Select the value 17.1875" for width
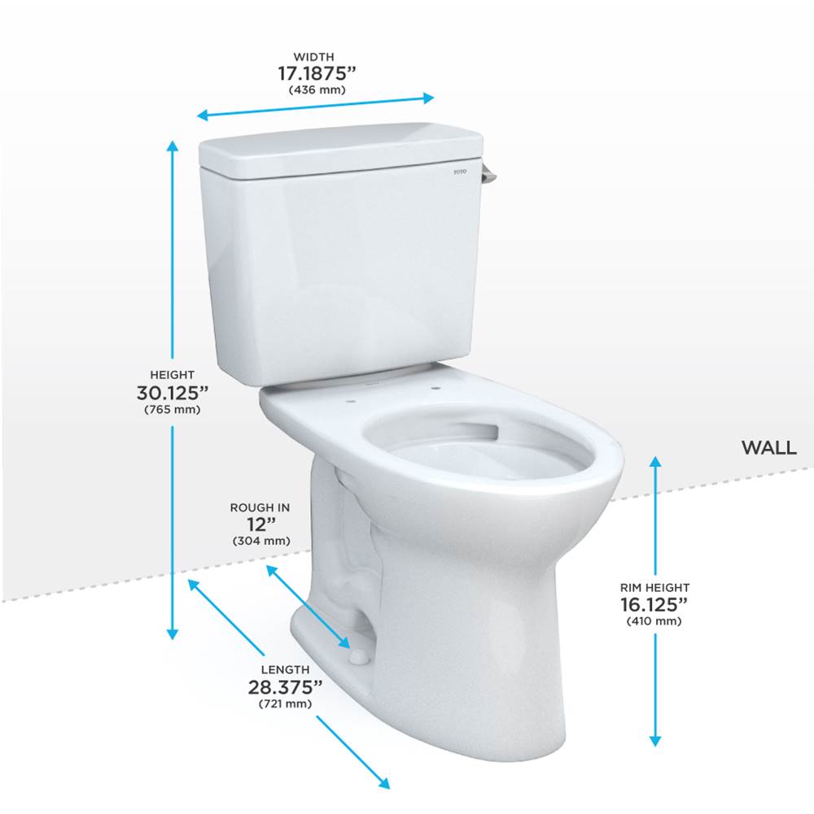pos(317,73)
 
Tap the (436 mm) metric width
pos(317,89)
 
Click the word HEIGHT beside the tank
pos(172,375)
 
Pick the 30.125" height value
pos(172,392)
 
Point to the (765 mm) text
pos(172,409)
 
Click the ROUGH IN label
pos(260,507)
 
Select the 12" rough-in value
pos(260,524)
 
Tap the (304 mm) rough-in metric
pos(260,541)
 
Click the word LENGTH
pos(285,669)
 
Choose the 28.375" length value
pos(285,686)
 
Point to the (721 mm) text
pos(285,703)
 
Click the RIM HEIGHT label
pos(654,587)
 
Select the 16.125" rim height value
pos(654,604)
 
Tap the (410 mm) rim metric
pos(654,621)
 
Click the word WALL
pos(768,448)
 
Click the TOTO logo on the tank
pos(461,172)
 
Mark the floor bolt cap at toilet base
pos(357,655)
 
